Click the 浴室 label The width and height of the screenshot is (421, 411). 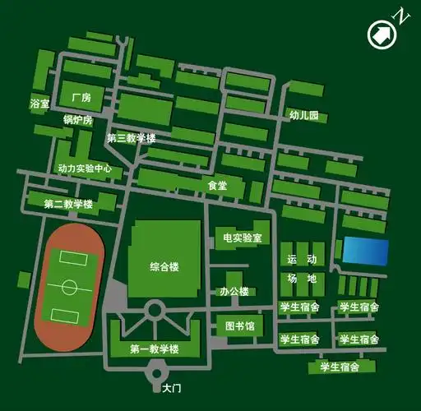click(x=39, y=104)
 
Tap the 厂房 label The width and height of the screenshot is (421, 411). click(x=81, y=98)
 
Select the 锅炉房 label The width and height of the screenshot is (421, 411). click(x=79, y=120)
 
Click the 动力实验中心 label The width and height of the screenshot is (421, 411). click(x=85, y=169)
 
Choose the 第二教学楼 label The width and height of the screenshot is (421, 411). click(x=68, y=204)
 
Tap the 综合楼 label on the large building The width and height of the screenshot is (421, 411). click(x=164, y=266)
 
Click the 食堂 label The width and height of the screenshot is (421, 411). click(x=217, y=187)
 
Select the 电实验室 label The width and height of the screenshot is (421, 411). click(x=242, y=238)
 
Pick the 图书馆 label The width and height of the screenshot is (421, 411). click(x=240, y=326)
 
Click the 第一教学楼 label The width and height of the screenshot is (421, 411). click(x=154, y=350)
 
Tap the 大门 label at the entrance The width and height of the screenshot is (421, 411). click(x=171, y=387)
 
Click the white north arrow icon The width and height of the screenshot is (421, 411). click(x=382, y=34)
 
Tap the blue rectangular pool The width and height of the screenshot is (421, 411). click(x=365, y=251)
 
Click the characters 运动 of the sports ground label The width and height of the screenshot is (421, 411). click(x=301, y=260)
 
